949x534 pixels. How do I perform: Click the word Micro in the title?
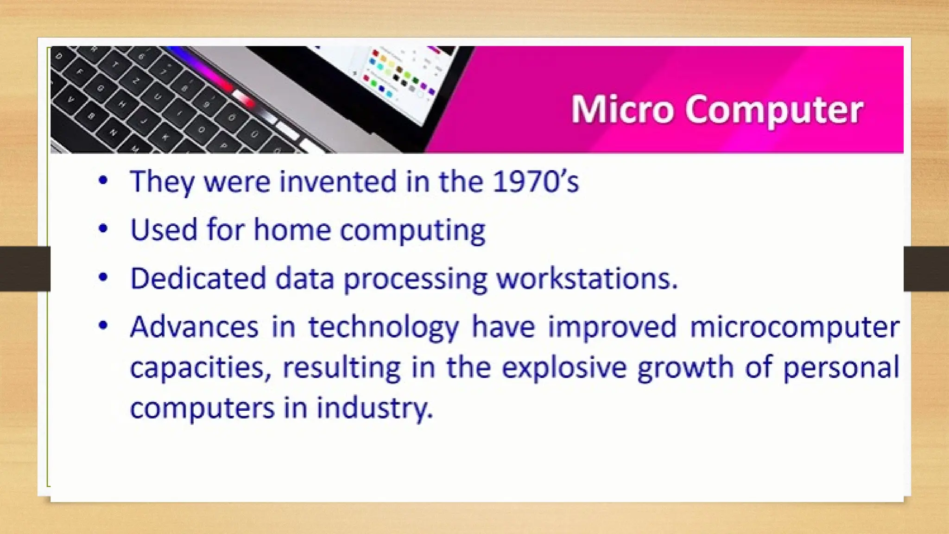tap(621, 109)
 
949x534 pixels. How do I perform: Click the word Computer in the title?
tap(774, 110)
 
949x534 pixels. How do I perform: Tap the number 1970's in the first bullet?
tap(535, 181)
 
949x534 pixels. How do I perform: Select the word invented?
tap(338, 181)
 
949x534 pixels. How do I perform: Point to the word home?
tap(292, 229)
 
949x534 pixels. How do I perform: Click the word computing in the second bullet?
tap(412, 230)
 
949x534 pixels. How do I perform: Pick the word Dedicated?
tap(198, 278)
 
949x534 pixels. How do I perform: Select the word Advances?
tap(194, 327)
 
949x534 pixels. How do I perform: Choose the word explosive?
tap(564, 368)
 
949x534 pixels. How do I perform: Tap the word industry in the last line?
tap(374, 408)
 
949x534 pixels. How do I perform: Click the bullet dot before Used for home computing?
tap(103, 229)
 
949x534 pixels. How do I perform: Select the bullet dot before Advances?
tap(103, 325)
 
